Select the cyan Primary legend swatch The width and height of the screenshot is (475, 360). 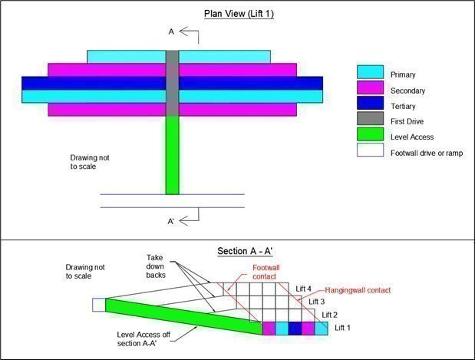(370, 72)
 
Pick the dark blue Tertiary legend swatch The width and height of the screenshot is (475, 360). (370, 104)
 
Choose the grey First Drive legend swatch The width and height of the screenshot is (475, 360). (370, 120)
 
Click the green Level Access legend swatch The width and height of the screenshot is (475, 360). (370, 136)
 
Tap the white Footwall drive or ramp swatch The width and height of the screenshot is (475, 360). (370, 152)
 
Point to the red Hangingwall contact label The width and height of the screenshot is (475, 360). (357, 290)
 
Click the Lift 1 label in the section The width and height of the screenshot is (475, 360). (344, 327)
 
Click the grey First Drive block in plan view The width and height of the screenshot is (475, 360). (172, 83)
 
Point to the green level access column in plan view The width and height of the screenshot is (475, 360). (172, 154)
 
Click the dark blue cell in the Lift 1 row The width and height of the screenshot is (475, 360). (295, 328)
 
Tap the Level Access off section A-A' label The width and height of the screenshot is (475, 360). (150, 339)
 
